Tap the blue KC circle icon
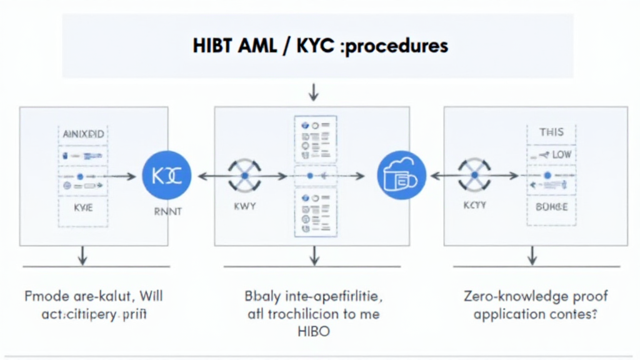point(166,176)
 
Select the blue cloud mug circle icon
point(401,176)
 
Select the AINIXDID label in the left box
point(84,134)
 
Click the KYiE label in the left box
point(83,208)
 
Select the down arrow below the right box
point(532,255)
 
